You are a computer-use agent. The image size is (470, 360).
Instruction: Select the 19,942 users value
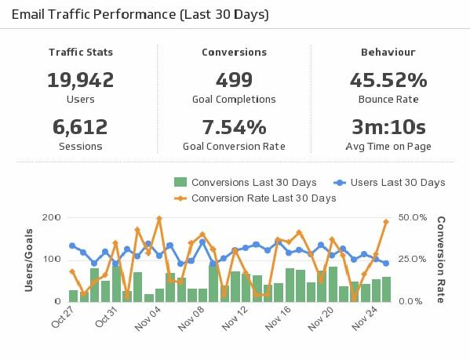81,80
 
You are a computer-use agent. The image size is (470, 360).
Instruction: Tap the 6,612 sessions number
81,127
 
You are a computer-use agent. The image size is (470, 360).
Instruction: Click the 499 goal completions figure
234,80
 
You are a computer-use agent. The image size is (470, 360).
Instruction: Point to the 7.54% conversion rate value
234,127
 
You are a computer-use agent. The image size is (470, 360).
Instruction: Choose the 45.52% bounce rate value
388,80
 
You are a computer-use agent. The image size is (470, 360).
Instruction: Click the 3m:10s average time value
388,127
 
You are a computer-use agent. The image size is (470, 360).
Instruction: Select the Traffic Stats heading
81,53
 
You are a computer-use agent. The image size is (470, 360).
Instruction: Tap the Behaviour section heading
388,53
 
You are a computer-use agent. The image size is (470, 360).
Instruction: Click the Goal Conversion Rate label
234,146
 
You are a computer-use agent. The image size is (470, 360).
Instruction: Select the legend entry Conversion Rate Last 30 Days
263,198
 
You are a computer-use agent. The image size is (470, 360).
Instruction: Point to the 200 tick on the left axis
52,217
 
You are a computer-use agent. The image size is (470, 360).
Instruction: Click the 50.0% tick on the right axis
413,217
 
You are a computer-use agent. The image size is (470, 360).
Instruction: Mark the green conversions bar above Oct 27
73,296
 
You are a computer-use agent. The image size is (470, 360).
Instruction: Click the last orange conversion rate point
386,222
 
